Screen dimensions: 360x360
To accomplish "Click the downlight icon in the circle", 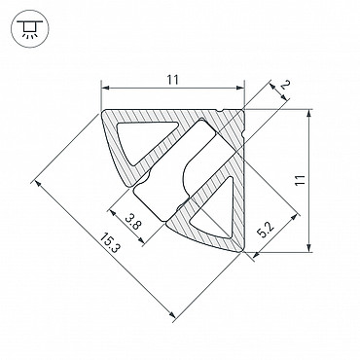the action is coord(29,28).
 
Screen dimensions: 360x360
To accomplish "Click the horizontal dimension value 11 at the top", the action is coord(173,80).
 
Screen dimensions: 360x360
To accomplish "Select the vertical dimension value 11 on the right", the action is coord(301,180).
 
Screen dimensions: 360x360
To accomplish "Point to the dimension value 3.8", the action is coord(132,222).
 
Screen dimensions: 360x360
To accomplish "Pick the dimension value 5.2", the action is coord(266,230).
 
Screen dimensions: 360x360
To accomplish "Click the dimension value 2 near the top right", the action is coord(285,85).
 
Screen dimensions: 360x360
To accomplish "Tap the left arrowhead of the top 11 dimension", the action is coord(104,88).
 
